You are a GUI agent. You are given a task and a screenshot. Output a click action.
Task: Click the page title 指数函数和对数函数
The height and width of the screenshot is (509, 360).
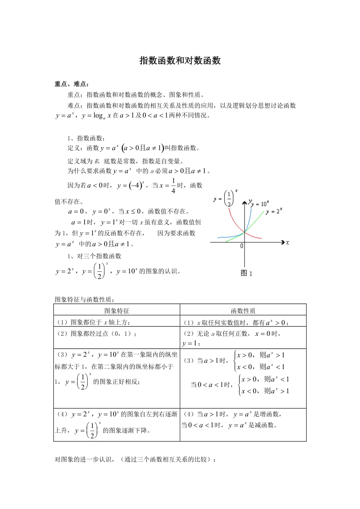[x=180, y=61]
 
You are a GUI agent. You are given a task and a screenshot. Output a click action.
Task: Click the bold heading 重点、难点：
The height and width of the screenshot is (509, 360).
[x=72, y=84]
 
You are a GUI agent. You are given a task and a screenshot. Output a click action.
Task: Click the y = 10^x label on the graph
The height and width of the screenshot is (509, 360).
[x=260, y=204]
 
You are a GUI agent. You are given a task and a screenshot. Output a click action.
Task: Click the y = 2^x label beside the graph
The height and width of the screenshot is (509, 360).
[x=274, y=211]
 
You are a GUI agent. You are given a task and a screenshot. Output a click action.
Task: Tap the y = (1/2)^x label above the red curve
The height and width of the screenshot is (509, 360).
[x=225, y=198]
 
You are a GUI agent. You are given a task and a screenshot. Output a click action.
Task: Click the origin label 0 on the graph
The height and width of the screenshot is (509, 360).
[x=241, y=246]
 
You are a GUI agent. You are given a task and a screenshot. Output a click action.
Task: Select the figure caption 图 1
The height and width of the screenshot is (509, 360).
[x=246, y=274]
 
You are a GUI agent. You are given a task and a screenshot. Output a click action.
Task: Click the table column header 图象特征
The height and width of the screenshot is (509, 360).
[x=117, y=311]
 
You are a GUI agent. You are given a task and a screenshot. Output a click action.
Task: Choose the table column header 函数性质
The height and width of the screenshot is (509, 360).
[x=243, y=311]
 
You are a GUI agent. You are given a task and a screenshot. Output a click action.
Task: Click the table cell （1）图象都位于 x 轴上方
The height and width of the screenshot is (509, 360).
[x=94, y=322]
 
